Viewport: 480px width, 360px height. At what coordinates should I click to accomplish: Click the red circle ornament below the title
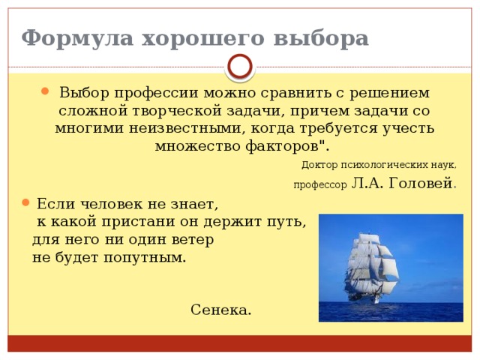point(240,67)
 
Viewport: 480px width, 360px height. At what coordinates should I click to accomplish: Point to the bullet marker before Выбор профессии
point(46,93)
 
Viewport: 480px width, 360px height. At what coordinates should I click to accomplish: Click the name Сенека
point(221,310)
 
